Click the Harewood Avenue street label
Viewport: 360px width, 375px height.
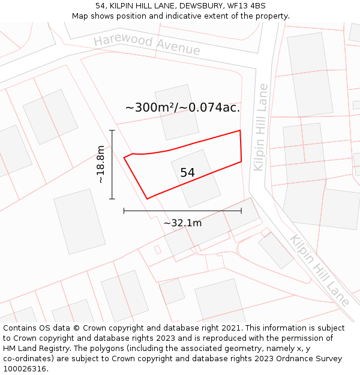click(146, 44)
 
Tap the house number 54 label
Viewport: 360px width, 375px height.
click(187, 173)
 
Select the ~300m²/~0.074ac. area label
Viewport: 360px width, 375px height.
click(182, 108)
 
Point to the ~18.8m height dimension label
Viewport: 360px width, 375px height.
click(101, 164)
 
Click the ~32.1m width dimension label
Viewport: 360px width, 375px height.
click(182, 223)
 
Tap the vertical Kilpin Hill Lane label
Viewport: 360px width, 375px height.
click(260, 127)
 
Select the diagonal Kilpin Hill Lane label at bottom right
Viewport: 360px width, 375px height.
click(319, 270)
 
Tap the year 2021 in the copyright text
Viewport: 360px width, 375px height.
click(232, 328)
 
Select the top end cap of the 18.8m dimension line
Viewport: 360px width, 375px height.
click(112, 130)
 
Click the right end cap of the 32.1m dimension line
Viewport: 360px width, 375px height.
click(241, 211)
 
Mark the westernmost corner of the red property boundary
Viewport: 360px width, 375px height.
click(124, 158)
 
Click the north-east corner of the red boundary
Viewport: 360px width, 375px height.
click(240, 130)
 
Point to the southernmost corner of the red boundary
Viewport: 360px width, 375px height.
click(147, 199)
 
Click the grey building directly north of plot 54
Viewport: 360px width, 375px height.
click(176, 112)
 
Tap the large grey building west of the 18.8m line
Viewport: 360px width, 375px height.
click(79, 221)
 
